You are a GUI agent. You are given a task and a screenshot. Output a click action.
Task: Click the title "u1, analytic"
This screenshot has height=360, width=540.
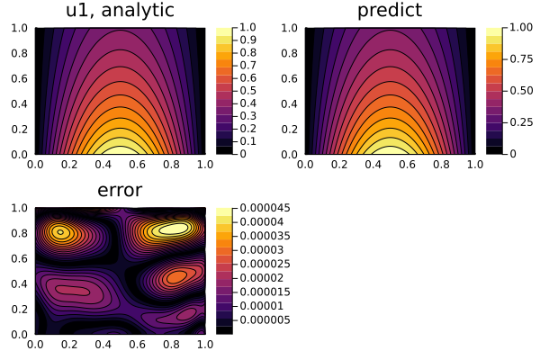[121, 12]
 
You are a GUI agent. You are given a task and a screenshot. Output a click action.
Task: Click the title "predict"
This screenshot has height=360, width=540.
[390, 12]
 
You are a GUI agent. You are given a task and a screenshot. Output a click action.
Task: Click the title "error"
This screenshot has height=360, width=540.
[120, 191]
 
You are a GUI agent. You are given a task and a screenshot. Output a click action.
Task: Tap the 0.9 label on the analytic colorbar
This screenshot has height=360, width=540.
[246, 40]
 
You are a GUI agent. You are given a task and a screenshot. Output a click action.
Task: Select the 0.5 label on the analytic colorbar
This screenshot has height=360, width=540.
[246, 91]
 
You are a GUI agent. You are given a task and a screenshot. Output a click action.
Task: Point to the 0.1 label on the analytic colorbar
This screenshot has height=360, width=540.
[246, 141]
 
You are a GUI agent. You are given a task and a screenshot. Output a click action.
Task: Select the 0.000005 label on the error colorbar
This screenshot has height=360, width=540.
[265, 319]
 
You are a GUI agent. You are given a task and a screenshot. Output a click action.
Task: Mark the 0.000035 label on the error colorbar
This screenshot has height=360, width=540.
[265, 236]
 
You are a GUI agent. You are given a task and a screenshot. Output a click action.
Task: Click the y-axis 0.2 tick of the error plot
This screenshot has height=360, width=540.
[20, 308]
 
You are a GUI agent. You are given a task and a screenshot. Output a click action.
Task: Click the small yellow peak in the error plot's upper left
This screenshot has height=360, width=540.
[60, 231]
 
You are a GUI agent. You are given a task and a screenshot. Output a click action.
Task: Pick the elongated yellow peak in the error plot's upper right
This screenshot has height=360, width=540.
[171, 229]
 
